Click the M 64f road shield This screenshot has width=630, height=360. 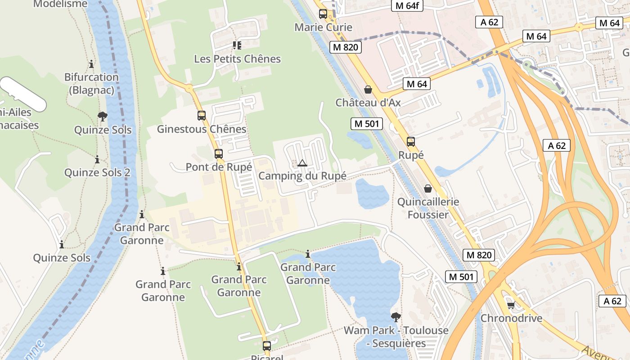407,5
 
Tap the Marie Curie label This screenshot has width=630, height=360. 323,27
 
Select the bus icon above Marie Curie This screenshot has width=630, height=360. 323,14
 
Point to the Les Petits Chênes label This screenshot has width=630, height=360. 237,59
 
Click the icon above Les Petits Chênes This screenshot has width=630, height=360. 237,45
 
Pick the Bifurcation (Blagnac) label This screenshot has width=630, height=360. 91,83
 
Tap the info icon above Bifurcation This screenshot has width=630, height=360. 91,64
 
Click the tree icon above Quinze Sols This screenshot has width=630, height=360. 103,117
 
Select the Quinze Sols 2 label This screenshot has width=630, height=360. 97,173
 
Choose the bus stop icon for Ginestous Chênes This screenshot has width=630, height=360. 202,116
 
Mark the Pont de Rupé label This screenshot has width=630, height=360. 219,167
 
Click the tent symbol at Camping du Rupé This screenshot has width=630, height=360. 302,163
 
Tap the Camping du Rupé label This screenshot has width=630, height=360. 302,176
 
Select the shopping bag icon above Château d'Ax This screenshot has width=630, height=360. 368,90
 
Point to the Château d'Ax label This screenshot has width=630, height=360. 368,103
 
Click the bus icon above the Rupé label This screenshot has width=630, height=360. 411,142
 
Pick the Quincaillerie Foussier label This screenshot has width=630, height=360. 428,208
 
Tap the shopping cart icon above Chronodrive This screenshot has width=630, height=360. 511,306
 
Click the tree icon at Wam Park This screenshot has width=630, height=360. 396,317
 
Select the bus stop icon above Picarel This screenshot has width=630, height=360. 267,346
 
